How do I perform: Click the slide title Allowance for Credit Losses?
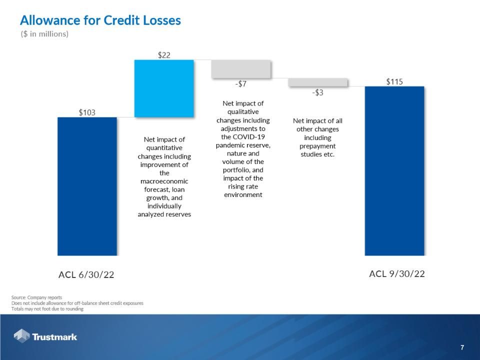point(100,20)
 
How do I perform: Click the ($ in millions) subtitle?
point(44,34)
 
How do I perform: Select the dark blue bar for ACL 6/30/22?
point(87,186)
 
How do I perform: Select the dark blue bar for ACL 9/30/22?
point(394,170)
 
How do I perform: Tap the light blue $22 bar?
point(164,88)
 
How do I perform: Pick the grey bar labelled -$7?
point(241,69)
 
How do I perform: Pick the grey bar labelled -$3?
point(317,82)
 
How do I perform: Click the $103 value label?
point(87,112)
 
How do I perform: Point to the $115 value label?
point(394,81)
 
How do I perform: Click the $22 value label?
point(164,55)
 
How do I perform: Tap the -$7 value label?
point(241,84)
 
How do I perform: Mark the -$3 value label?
point(317,93)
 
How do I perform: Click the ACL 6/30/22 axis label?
point(86,274)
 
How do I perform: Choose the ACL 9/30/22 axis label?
point(397,273)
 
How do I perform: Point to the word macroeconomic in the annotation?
point(164,181)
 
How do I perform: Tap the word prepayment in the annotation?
point(317,146)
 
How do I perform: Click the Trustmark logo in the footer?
point(45,336)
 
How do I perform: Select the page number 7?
point(462,347)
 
